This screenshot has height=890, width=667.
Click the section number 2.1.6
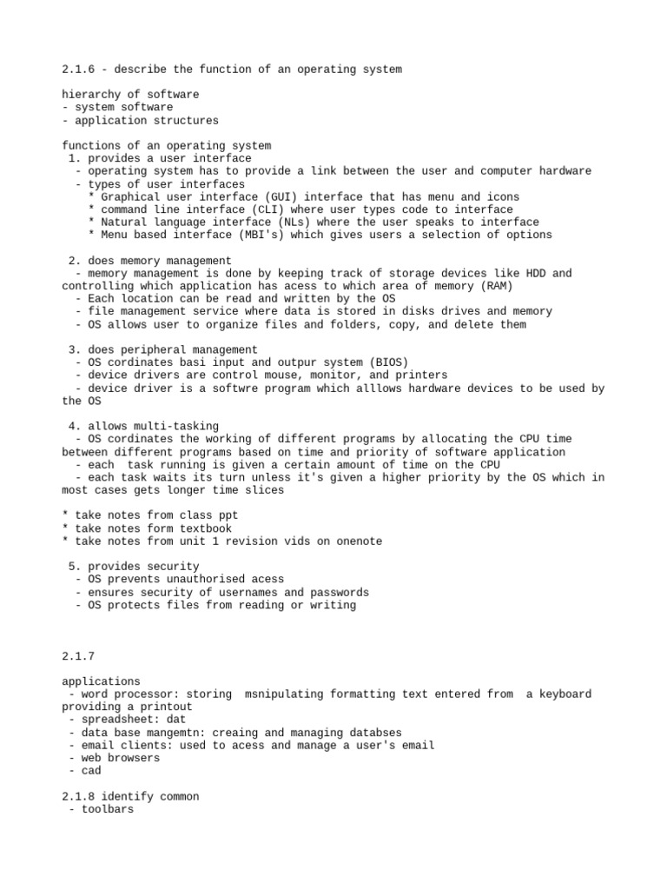pos(81,69)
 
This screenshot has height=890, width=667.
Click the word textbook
pos(205,528)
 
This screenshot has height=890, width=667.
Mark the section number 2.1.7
pos(81,655)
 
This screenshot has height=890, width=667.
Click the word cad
pos(91,770)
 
